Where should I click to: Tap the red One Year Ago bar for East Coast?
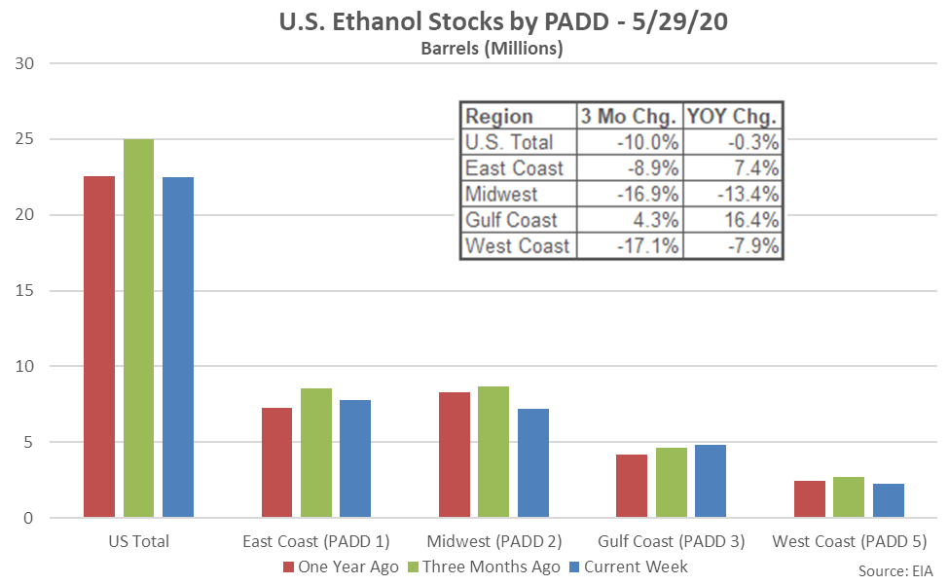276,462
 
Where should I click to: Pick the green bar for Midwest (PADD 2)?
493,452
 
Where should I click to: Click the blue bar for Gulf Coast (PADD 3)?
711,481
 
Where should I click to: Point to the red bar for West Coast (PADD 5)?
810,499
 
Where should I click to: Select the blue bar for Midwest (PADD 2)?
533,463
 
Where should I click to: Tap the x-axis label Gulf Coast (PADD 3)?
671,541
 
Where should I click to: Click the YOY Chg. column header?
732,117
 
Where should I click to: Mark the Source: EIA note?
900,569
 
